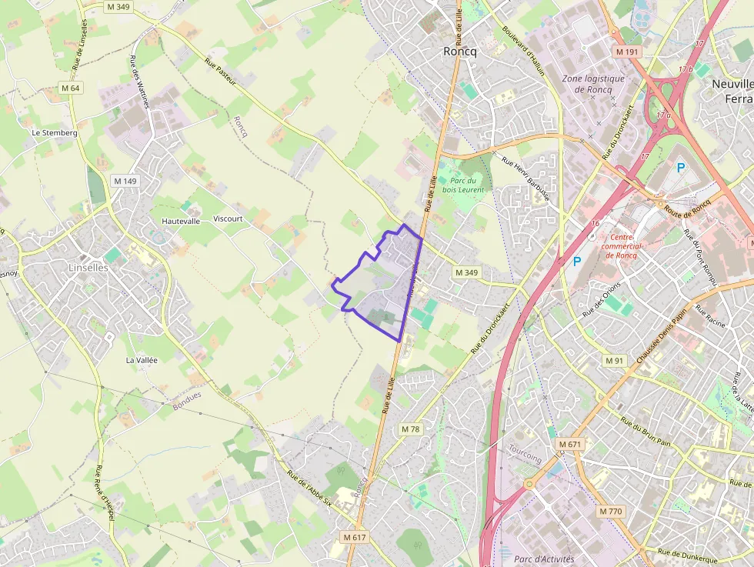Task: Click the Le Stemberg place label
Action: [x=55, y=132]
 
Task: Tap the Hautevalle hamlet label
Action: [x=181, y=220]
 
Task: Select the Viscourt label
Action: [x=228, y=218]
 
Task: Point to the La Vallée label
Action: [x=142, y=359]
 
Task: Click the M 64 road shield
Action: [x=70, y=88]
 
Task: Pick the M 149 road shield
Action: [x=125, y=181]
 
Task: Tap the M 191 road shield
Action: [x=627, y=52]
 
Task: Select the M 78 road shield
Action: [x=411, y=429]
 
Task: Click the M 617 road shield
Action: [x=355, y=536]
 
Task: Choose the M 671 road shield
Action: [x=570, y=445]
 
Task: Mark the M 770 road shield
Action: [x=609, y=511]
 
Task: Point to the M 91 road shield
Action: [x=614, y=361]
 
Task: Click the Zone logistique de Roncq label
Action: [x=593, y=83]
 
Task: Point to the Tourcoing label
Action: [x=525, y=459]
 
